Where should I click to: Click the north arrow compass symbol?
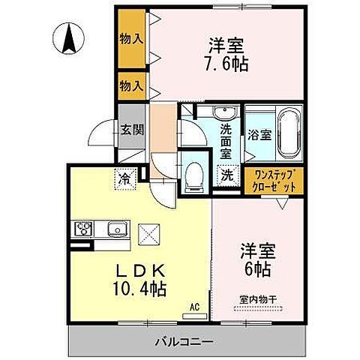tap(68, 39)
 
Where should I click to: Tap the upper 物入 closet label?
tap(131, 37)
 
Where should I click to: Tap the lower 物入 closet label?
tap(131, 86)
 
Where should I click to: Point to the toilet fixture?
tap(194, 175)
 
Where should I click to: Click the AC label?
tap(194, 307)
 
